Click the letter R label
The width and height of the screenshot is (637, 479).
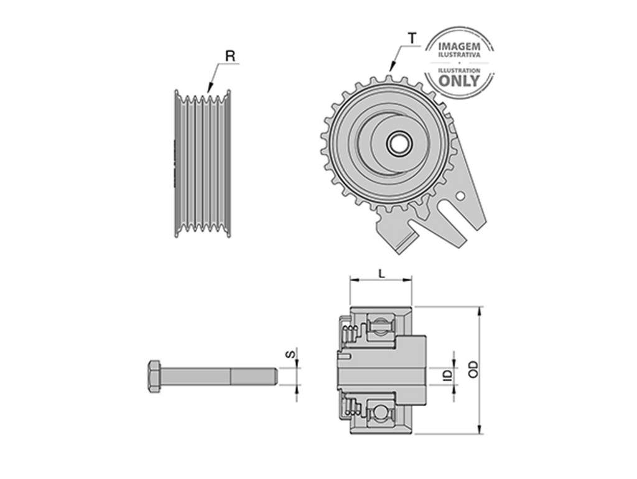(x=230, y=55)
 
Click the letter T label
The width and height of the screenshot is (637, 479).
(x=412, y=39)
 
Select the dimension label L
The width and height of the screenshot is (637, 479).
(x=381, y=274)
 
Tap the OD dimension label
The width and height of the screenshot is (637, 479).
(x=473, y=369)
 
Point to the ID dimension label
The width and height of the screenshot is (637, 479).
(x=448, y=374)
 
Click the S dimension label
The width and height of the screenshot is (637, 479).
(x=290, y=355)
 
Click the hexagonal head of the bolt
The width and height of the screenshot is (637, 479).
(x=156, y=376)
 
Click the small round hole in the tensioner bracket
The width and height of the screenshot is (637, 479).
(x=460, y=196)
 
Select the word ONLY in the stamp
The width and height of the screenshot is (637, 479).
(x=460, y=81)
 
